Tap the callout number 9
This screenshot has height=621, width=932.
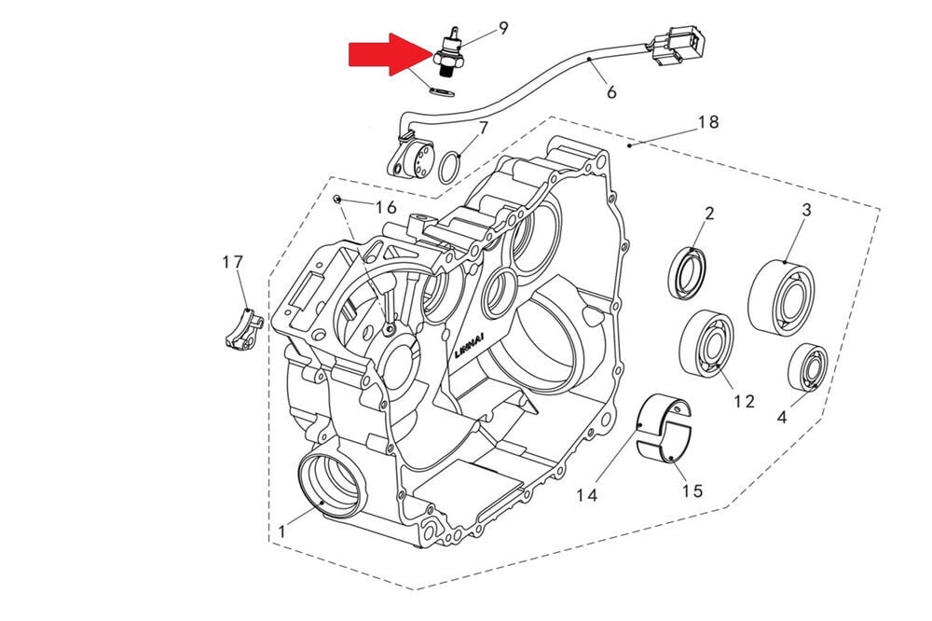(x=502, y=28)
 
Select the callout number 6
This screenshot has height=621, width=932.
(x=611, y=92)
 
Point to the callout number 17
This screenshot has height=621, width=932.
(x=233, y=263)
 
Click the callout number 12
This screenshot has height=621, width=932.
(x=743, y=401)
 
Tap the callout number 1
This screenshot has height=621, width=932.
(x=281, y=531)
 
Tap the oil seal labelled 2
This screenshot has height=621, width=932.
(x=689, y=275)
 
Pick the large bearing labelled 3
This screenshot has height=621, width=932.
(x=781, y=297)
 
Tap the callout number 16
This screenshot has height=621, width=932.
(x=386, y=206)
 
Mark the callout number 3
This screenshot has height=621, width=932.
(x=806, y=210)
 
